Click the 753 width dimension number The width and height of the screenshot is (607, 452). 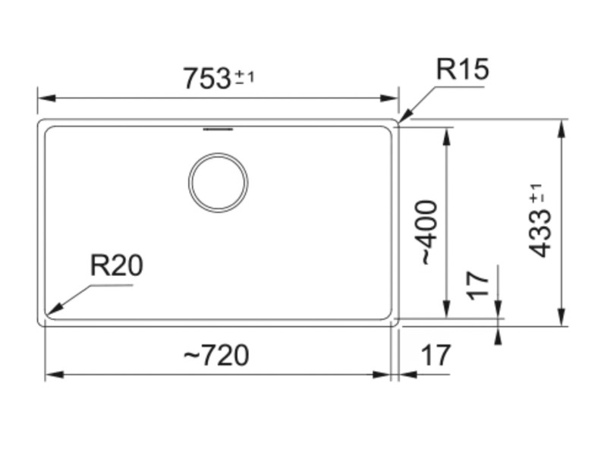point(206,78)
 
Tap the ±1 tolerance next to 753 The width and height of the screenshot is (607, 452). point(244,77)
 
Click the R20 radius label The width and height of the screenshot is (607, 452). point(116,265)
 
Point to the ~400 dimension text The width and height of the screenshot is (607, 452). point(428,231)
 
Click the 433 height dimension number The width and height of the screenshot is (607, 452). point(541,234)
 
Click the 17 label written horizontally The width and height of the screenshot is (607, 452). point(436,354)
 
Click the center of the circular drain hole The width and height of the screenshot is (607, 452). point(218,183)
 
